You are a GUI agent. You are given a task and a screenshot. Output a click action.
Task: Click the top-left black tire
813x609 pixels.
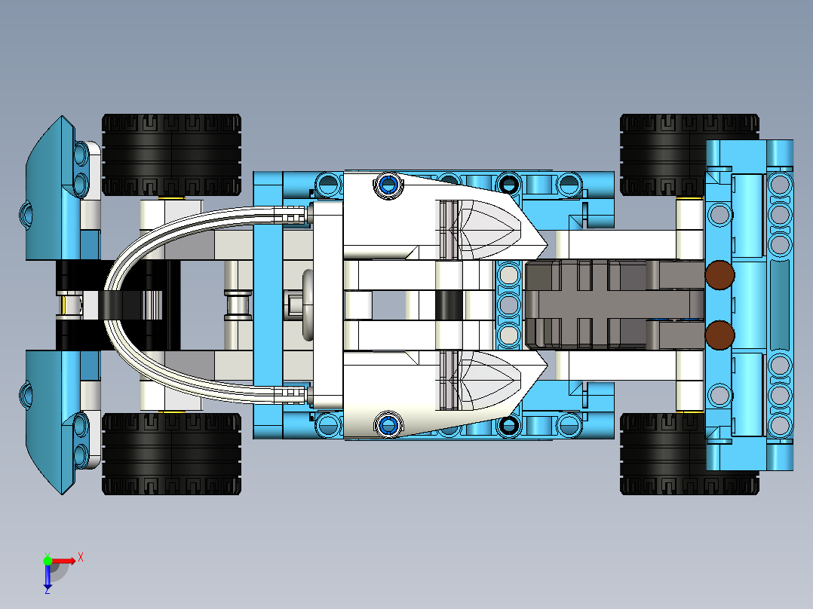[x=171, y=155]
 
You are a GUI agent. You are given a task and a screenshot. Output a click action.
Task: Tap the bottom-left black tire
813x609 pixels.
[x=171, y=454]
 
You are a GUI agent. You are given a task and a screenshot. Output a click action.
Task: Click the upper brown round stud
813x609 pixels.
[x=720, y=275]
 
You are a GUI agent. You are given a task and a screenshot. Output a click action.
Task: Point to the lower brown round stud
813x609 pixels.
[x=720, y=334]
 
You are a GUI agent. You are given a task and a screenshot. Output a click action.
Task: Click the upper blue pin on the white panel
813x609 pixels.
[x=388, y=184]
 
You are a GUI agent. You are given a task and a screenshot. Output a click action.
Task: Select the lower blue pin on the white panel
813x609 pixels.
[x=388, y=424]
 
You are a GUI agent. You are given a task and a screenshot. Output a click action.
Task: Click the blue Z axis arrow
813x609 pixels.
[x=48, y=577]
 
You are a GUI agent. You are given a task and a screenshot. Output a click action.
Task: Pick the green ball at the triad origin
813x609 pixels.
[x=48, y=560]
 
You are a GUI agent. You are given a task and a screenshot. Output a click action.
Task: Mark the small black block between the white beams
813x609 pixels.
[x=449, y=304]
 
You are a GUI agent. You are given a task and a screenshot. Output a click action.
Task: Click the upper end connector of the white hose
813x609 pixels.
[x=294, y=216]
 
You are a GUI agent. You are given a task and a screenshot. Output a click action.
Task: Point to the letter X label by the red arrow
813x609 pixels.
[x=80, y=557]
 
